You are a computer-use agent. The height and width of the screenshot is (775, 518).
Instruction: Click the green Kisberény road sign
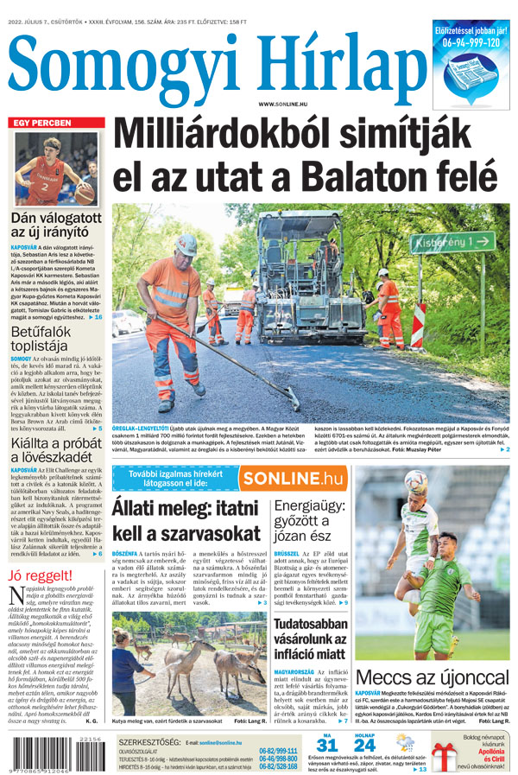point(440,244)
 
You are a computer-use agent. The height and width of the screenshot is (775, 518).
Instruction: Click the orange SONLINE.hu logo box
point(293,478)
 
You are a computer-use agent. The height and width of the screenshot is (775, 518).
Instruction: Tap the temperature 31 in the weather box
point(326,745)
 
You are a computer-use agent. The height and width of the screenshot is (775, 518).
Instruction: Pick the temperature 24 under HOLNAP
point(365,745)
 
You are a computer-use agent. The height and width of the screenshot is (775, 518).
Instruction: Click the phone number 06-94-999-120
point(471,41)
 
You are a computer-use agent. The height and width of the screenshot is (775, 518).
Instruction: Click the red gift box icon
point(445,753)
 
